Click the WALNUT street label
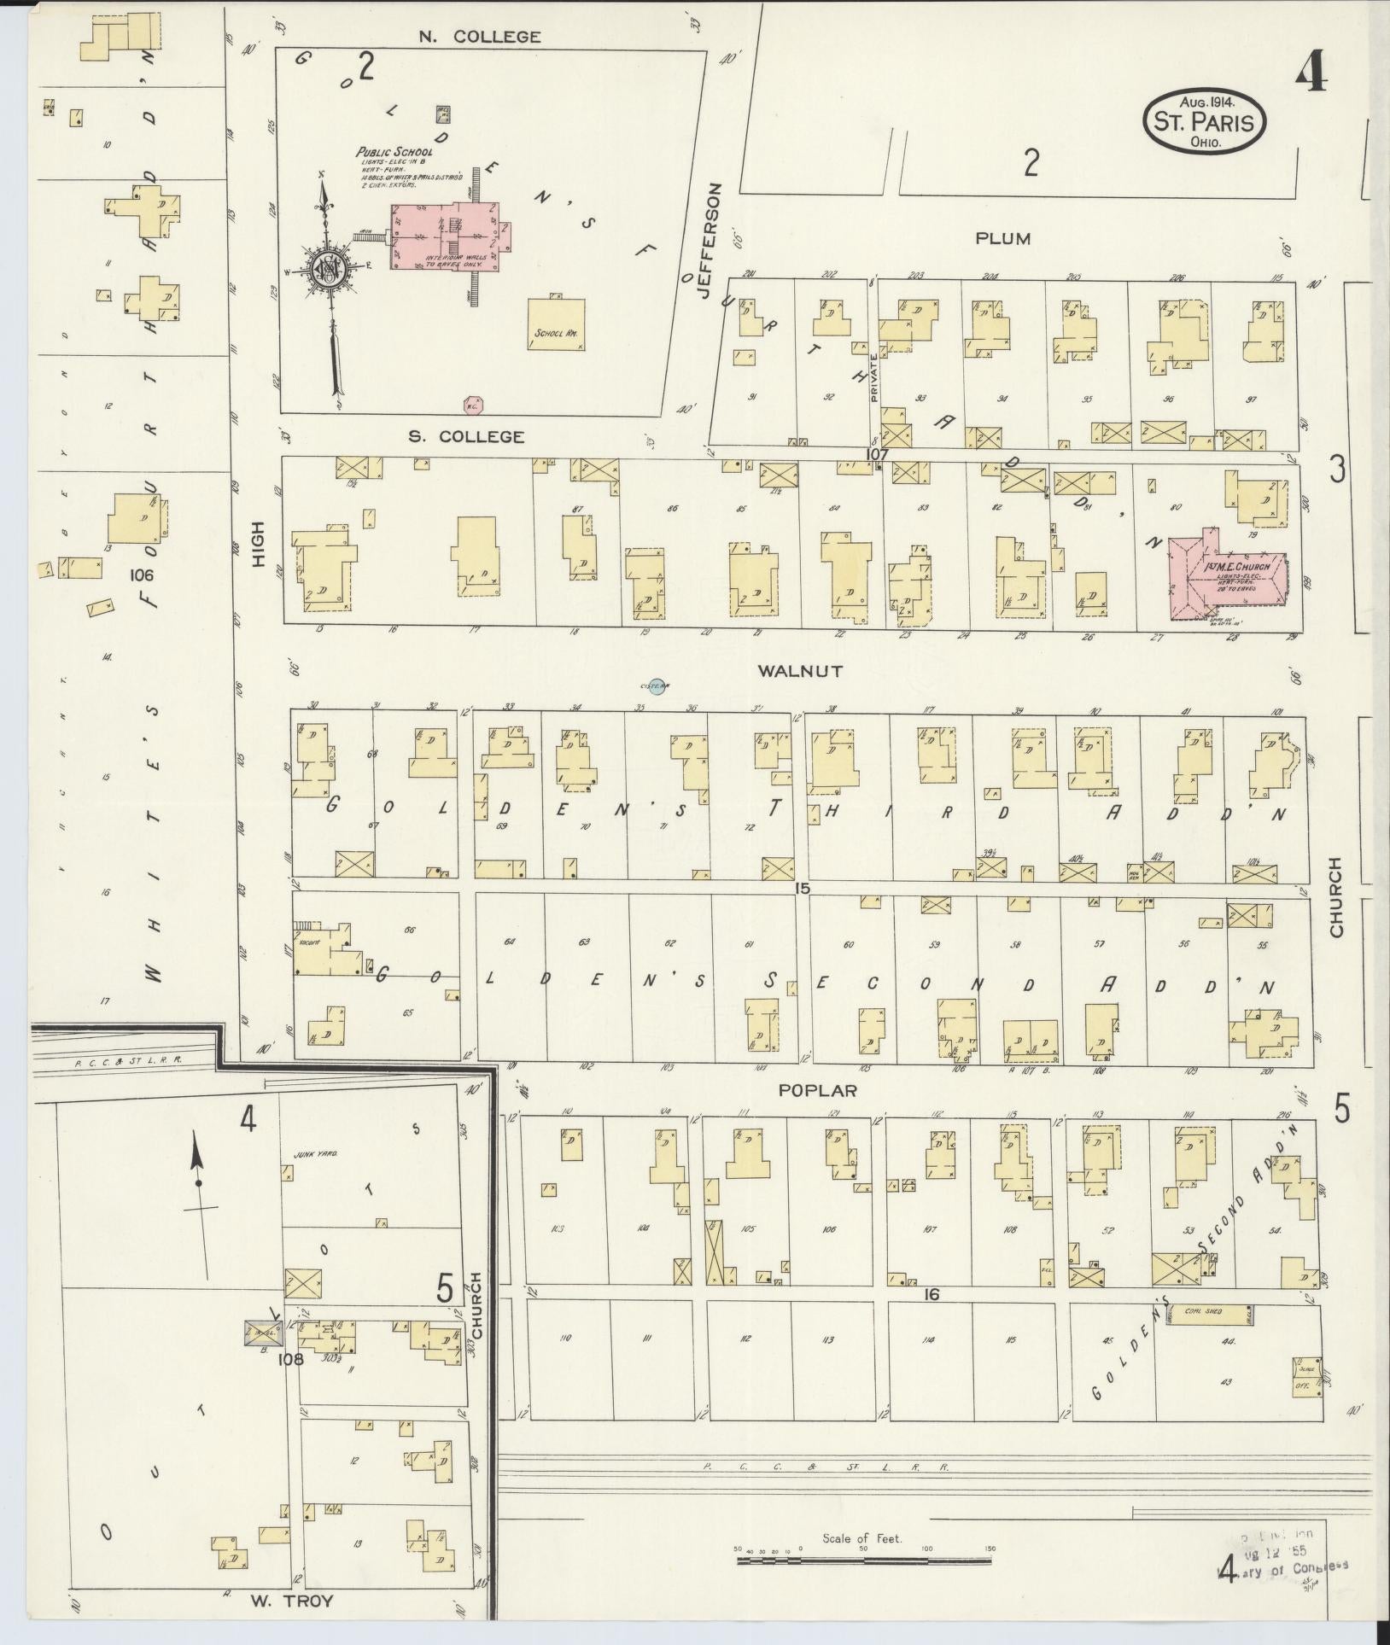click(800, 671)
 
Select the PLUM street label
click(1003, 238)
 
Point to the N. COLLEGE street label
click(479, 37)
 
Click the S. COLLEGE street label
click(465, 436)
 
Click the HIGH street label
click(259, 546)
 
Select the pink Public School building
click(445, 236)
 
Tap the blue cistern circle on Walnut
click(656, 685)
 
